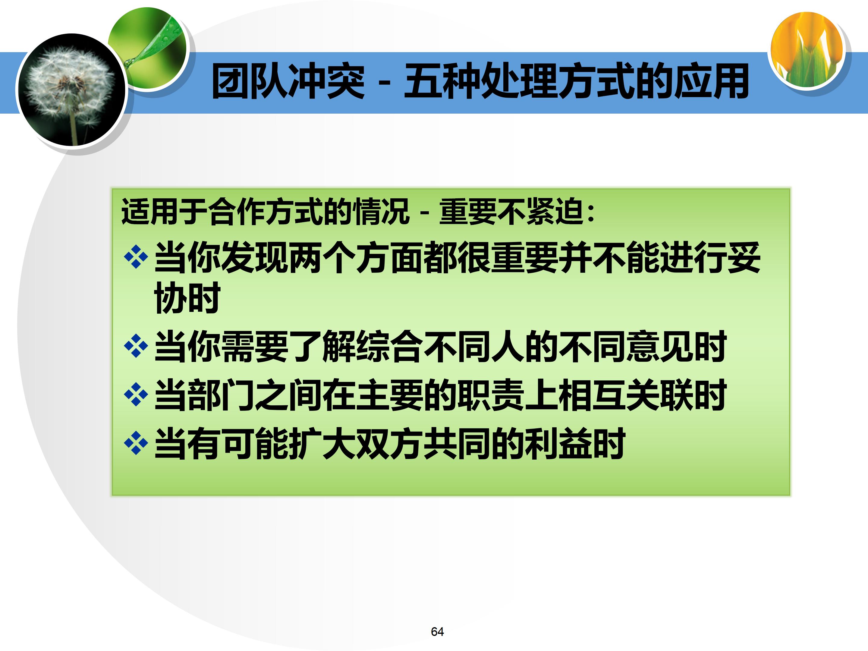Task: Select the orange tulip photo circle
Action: click(807, 49)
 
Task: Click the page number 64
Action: click(437, 631)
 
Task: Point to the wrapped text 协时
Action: click(187, 298)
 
